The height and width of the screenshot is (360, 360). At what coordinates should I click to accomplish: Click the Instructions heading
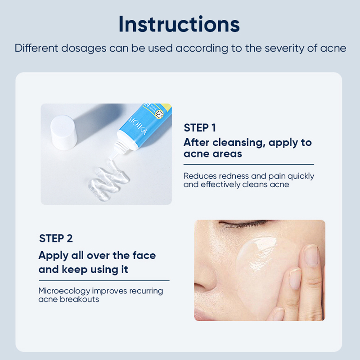[x=179, y=24]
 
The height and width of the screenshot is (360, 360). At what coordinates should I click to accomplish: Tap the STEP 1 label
[x=200, y=128]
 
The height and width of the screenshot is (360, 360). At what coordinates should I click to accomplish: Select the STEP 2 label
[x=56, y=238]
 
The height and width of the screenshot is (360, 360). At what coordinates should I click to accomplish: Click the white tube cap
[x=63, y=132]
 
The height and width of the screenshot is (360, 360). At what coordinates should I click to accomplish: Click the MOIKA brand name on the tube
[x=137, y=126]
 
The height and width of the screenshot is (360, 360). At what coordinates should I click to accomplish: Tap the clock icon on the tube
[x=159, y=114]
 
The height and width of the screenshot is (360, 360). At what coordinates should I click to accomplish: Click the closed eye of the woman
[x=243, y=223]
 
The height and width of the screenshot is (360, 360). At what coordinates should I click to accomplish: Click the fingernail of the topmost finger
[x=311, y=255]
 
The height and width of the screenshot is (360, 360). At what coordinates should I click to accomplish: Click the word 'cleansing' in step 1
[x=238, y=143]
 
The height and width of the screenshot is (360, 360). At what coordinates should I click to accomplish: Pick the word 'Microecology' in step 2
[x=64, y=291]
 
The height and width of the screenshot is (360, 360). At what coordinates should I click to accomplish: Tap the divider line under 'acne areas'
[x=249, y=164]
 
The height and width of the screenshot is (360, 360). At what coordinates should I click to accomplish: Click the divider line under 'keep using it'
[x=104, y=280]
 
